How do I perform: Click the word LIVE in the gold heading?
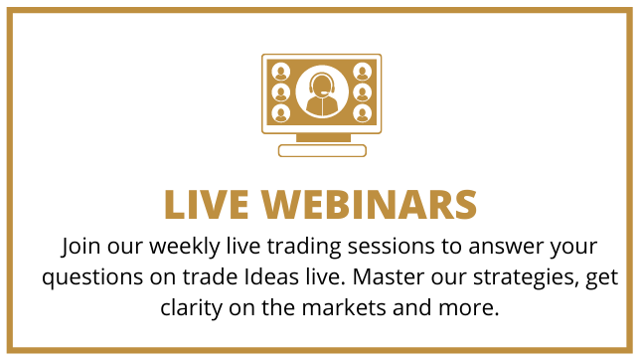click(x=206, y=204)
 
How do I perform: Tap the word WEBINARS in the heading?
click(x=369, y=204)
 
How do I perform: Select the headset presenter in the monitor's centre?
click(x=322, y=91)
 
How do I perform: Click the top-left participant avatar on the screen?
click(x=281, y=72)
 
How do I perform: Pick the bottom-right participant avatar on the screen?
click(x=362, y=113)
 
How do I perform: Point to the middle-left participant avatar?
click(x=281, y=92)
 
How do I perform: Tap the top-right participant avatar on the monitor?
click(x=362, y=72)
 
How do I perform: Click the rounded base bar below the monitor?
click(x=322, y=150)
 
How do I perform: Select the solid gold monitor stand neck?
click(x=323, y=137)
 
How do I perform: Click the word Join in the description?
click(x=80, y=247)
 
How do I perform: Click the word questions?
click(x=92, y=277)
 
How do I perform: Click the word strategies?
click(x=526, y=277)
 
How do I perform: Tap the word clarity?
click(x=191, y=308)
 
